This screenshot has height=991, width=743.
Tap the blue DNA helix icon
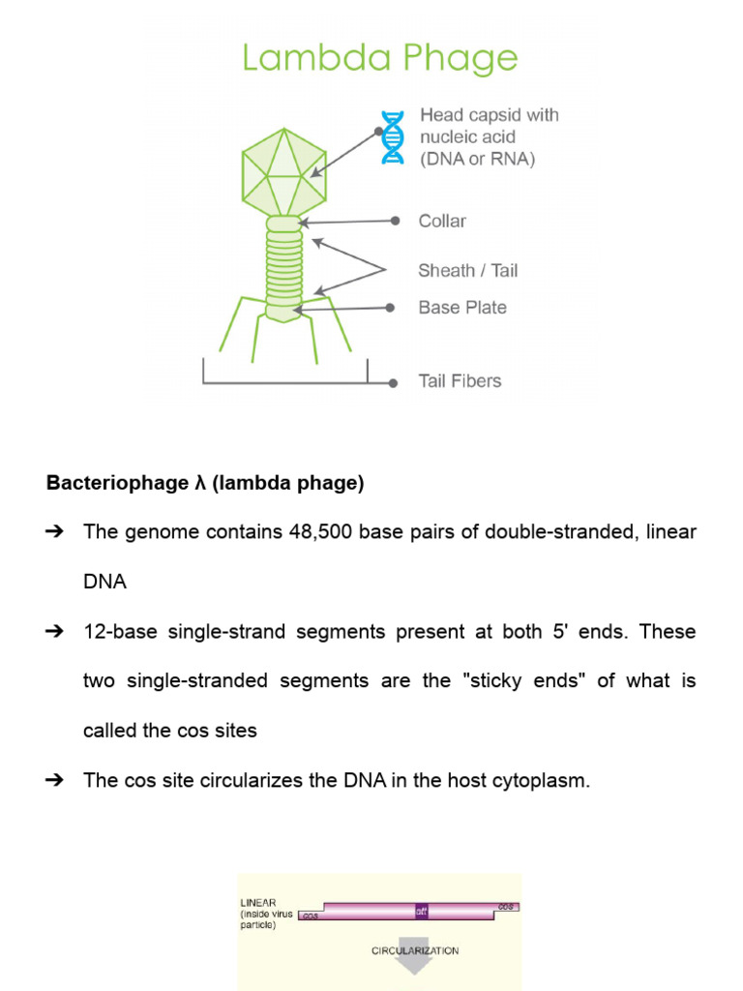392,136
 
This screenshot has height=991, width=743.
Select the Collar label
442,221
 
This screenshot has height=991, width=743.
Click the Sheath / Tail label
467,270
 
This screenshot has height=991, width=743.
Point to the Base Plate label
461,308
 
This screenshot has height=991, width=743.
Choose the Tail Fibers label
460,381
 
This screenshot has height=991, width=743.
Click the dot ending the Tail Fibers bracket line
393,383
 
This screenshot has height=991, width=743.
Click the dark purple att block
421,911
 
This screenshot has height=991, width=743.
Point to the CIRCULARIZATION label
415,950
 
